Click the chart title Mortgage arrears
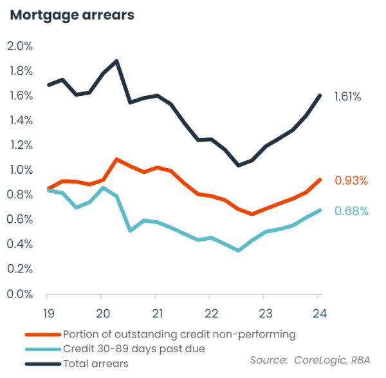(x=72, y=15)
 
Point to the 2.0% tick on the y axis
(x=20, y=46)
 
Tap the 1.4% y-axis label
(x=20, y=120)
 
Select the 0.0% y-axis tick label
(x=20, y=294)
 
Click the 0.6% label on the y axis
(x=20, y=220)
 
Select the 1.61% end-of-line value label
(x=347, y=97)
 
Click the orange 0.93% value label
(x=351, y=181)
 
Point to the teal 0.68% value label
(x=351, y=211)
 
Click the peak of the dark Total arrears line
(x=116, y=61)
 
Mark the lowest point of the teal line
(x=238, y=250)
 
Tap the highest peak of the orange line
(x=116, y=159)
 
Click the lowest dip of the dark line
(x=238, y=165)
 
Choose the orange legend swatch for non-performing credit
(x=42, y=334)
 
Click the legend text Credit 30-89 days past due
(x=134, y=349)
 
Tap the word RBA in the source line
(x=360, y=360)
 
